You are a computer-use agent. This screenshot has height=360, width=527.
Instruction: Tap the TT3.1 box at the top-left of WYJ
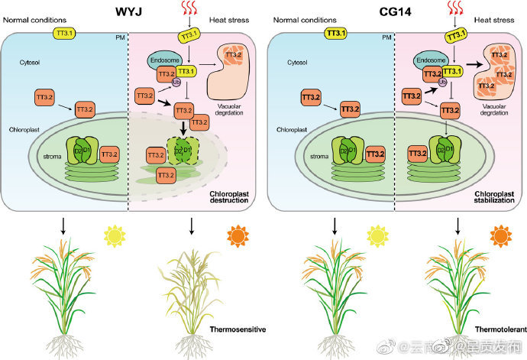(65, 34)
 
